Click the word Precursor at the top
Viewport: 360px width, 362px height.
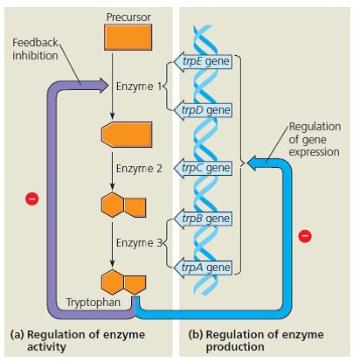(x=128, y=17)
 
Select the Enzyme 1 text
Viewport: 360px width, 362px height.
(x=138, y=87)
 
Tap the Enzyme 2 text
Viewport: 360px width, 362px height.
(x=138, y=167)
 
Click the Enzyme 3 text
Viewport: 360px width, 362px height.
(x=138, y=243)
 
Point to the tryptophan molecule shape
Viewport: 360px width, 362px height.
(x=122, y=283)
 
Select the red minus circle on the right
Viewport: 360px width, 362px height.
(x=305, y=235)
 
